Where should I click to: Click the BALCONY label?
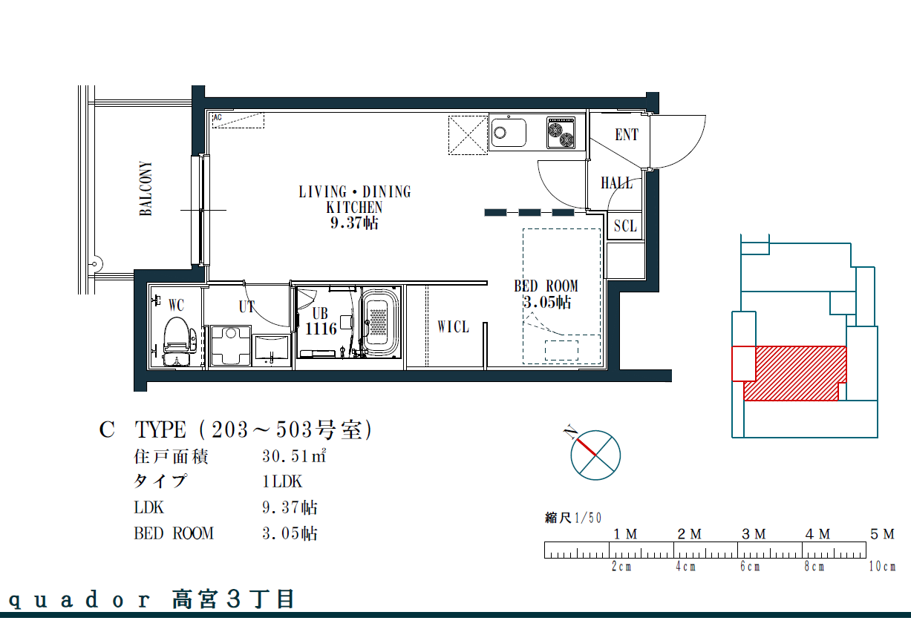tap(146, 188)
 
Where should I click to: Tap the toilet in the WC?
tap(177, 340)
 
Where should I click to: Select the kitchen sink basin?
tap(509, 133)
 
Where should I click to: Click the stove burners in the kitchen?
tap(561, 133)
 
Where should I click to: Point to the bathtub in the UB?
tap(380, 323)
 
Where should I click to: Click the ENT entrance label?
tap(627, 134)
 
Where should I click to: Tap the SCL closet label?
tap(625, 226)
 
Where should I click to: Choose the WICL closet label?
tap(453, 327)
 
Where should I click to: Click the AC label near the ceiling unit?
tap(218, 117)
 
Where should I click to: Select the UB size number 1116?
tap(321, 329)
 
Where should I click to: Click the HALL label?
tap(616, 183)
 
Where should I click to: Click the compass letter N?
tap(570, 432)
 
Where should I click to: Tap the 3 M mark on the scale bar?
tap(754, 534)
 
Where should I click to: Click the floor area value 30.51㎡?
tap(294, 456)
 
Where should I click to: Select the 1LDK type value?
tap(282, 481)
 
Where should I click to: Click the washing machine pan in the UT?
tap(231, 346)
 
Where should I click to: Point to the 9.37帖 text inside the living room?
tap(354, 223)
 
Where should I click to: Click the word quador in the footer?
tap(79, 600)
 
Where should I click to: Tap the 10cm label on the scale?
tap(882, 566)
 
